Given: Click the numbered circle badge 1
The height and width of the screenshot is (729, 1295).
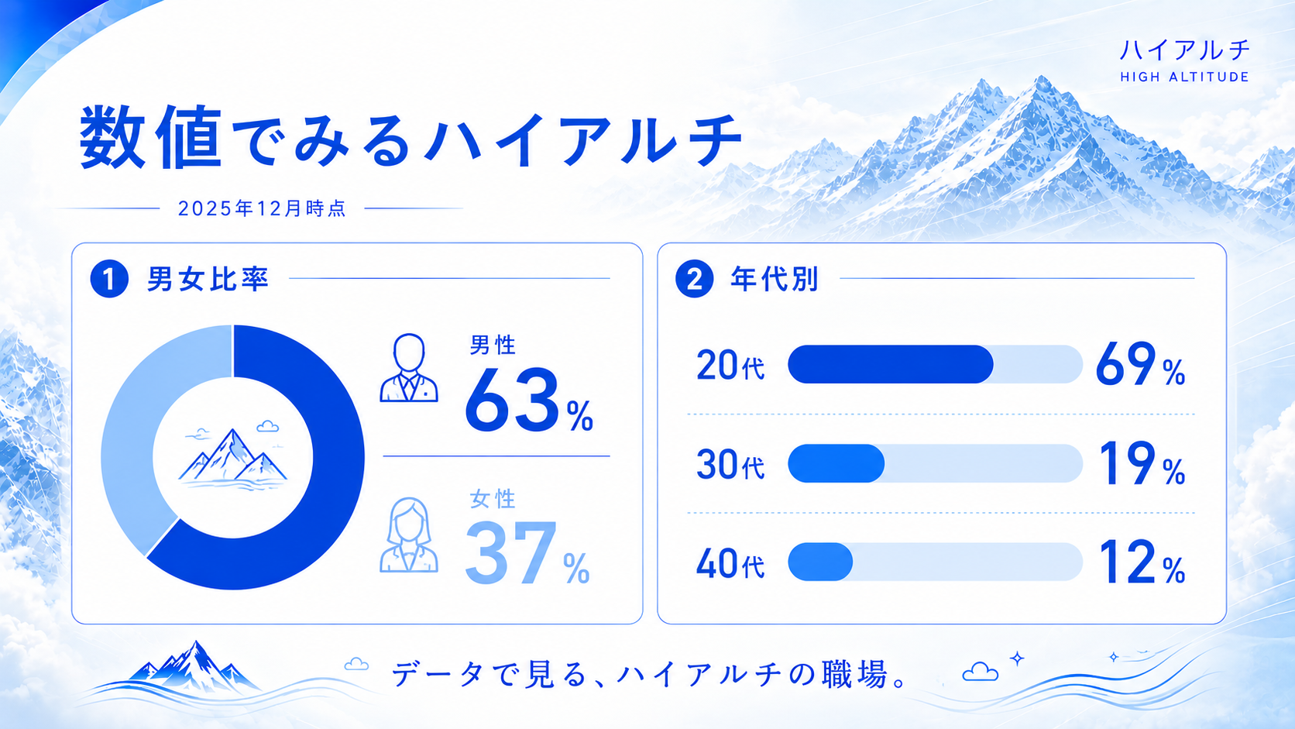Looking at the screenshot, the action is (109, 279).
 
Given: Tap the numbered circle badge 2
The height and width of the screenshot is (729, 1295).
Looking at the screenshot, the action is (694, 279).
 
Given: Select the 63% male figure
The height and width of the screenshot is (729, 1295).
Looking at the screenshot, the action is (529, 401).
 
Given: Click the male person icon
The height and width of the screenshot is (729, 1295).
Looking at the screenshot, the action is (409, 368).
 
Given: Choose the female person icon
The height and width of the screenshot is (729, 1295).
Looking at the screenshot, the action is (409, 535).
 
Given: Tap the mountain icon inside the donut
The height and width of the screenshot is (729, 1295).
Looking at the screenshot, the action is (233, 457).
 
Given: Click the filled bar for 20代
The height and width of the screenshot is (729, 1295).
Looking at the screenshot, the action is (891, 364).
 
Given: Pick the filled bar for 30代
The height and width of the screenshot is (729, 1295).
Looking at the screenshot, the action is (836, 463).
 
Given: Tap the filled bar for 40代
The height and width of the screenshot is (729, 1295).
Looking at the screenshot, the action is (820, 562).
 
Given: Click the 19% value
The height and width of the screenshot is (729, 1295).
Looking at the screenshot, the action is (1142, 463).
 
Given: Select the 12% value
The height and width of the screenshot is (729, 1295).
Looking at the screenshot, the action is (1142, 562).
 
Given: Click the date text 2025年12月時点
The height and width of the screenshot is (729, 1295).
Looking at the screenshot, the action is (262, 208).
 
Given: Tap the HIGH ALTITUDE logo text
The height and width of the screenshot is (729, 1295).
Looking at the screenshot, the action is (1184, 77).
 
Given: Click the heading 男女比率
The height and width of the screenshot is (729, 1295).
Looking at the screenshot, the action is (208, 279).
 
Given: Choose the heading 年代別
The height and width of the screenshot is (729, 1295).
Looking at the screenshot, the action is (775, 279).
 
